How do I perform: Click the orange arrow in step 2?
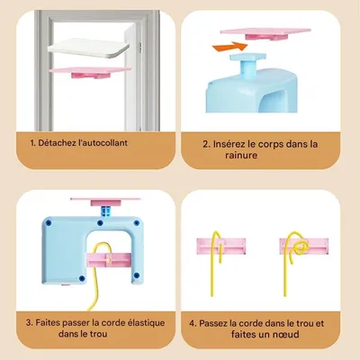(x=230, y=47)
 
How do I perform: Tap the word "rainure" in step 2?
(x=241, y=156)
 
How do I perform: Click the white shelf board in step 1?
(x=89, y=49)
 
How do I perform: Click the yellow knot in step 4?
(x=301, y=248)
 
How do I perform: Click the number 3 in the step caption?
(x=29, y=323)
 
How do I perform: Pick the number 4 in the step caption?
(x=193, y=323)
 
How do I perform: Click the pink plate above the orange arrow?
(x=265, y=33)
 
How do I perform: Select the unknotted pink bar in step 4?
(x=221, y=246)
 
